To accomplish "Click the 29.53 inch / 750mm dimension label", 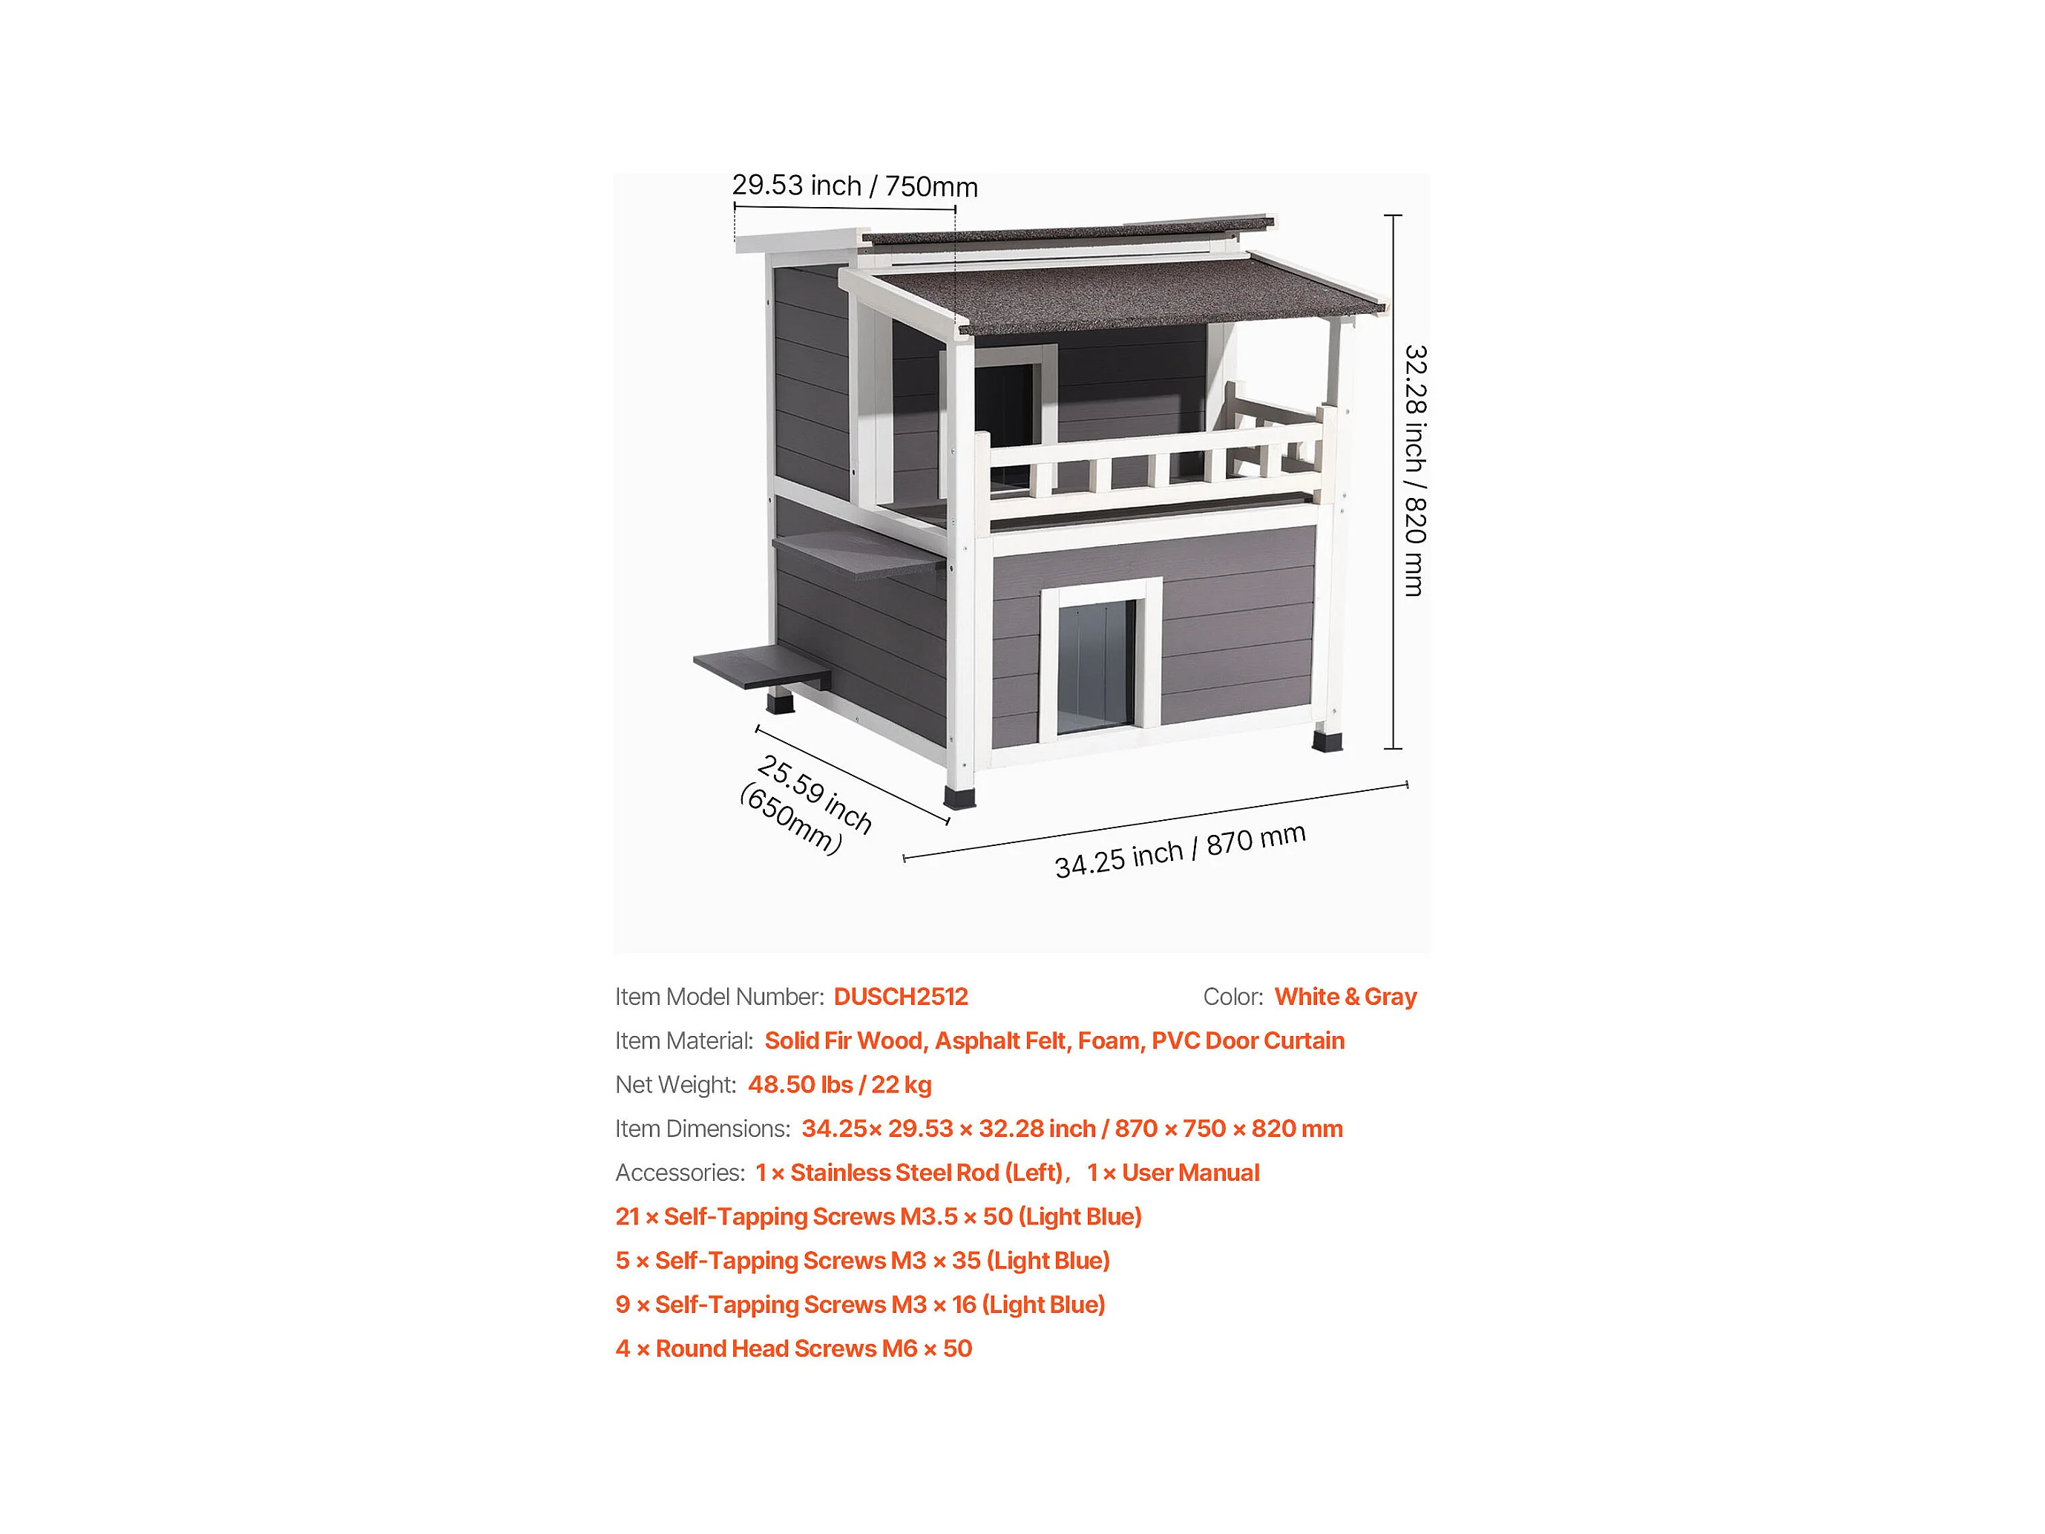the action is pyautogui.click(x=854, y=186).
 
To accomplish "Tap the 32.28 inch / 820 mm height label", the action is pyautogui.click(x=1414, y=471).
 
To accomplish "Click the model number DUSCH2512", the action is pyautogui.click(x=901, y=997).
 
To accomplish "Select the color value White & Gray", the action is pyautogui.click(x=1345, y=997).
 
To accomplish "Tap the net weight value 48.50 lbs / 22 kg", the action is pyautogui.click(x=839, y=1084).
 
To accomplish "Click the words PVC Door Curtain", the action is pyautogui.click(x=1247, y=1041).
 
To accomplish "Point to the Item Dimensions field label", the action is pyautogui.click(x=703, y=1129).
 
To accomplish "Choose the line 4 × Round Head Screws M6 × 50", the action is pyautogui.click(x=794, y=1349).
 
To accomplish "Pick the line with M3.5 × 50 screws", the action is pyautogui.click(x=879, y=1217).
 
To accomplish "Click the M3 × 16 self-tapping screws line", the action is pyautogui.click(x=861, y=1305).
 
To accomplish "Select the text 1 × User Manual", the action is pyautogui.click(x=1173, y=1173).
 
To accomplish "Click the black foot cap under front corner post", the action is pyautogui.click(x=959, y=797).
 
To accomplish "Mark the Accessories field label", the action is pyautogui.click(x=680, y=1173).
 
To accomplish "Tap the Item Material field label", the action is pyautogui.click(x=684, y=1041).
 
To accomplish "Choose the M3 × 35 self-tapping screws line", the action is pyautogui.click(x=862, y=1261).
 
